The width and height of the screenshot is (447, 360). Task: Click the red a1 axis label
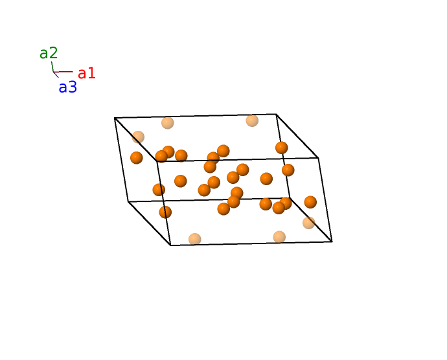coord(87,74)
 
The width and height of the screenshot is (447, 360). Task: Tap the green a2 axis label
coord(49,53)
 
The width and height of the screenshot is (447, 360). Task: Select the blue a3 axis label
coord(68,87)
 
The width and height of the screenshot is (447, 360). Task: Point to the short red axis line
coord(63,72)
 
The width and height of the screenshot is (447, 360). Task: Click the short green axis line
coord(52,67)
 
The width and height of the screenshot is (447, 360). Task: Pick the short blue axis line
coord(56,74)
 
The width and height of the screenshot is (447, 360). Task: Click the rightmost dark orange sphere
coord(310,202)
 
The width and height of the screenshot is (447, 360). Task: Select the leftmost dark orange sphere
coord(137,157)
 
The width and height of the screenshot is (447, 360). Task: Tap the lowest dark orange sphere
coord(165,212)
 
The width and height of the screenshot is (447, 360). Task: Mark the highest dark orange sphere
coord(282,148)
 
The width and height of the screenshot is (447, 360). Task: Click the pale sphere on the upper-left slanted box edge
coord(138,137)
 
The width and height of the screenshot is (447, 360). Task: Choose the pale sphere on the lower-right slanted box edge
coord(309,223)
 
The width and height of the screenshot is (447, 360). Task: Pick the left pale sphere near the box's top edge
coord(168,123)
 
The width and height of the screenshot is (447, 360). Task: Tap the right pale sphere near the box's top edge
coord(252,120)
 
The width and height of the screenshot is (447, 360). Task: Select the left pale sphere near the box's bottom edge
coord(195,240)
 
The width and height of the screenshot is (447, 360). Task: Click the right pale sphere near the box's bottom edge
coord(279,237)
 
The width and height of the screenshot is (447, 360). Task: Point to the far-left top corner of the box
coord(115,118)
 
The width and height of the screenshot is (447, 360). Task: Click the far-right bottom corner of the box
coord(332,242)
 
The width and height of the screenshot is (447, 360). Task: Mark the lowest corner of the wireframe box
coord(170,245)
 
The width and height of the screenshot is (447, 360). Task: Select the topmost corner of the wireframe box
coord(276,115)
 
